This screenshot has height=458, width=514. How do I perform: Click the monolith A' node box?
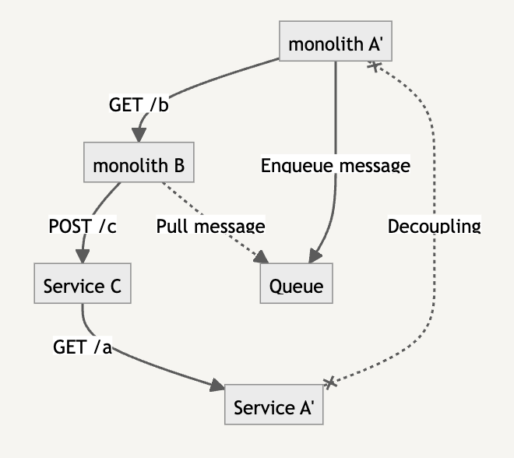(x=335, y=44)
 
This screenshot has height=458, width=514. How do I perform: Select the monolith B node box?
(x=139, y=165)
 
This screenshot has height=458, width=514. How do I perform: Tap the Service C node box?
(x=82, y=286)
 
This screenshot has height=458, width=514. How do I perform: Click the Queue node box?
(x=296, y=286)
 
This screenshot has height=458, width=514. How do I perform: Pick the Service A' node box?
(x=273, y=407)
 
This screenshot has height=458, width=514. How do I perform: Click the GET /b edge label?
(x=139, y=104)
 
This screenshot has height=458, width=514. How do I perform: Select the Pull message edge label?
(x=210, y=226)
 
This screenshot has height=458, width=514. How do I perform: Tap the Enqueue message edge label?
(x=335, y=165)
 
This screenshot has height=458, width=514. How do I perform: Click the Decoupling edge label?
(x=434, y=226)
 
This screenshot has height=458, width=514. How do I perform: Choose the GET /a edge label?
(x=83, y=347)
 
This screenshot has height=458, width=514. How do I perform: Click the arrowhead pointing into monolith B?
(x=139, y=136)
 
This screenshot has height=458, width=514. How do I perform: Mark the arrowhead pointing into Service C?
(x=82, y=257)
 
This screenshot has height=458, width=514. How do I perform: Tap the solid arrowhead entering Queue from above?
(x=315, y=256)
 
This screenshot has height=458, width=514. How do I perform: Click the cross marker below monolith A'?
(x=373, y=66)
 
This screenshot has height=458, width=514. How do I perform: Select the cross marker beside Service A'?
(x=330, y=382)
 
